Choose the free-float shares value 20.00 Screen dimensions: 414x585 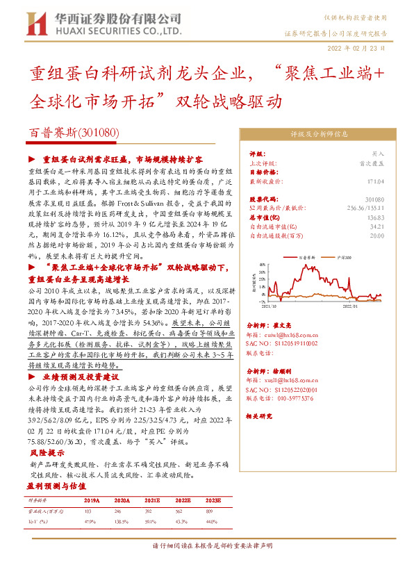[376, 236]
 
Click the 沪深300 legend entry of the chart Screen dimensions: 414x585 [341, 257]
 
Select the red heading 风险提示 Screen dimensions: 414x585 [47, 452]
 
